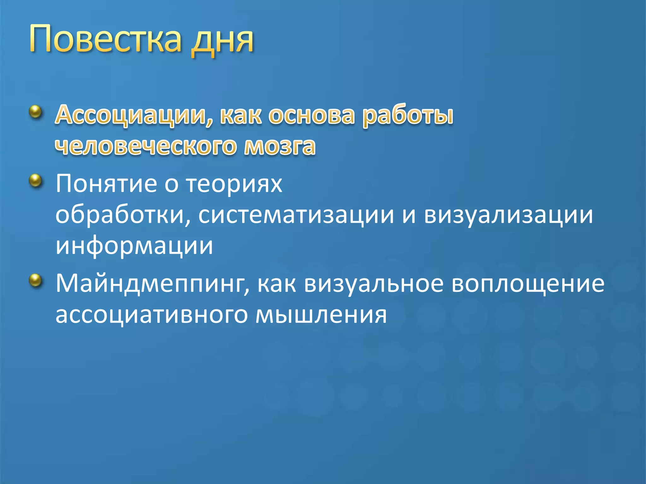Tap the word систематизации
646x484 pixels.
(296, 216)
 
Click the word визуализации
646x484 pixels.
(508, 216)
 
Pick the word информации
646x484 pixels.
(134, 246)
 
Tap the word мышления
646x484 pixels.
(321, 315)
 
